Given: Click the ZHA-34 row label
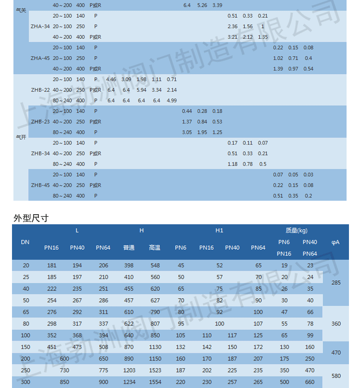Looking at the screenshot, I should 40,26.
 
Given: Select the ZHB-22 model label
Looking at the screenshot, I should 40,90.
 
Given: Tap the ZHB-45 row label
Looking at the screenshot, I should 40,185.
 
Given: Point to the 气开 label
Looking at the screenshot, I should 21,137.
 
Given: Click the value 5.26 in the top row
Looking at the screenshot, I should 202,5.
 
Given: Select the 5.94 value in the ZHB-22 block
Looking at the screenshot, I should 141,90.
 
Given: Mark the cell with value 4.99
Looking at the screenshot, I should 171,100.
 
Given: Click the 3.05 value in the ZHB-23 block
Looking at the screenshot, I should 187,132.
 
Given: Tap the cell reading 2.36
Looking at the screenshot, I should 232,26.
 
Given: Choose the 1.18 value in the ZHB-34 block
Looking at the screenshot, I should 232,164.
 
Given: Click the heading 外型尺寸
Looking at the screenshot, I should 31,218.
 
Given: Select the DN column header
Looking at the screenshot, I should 25,242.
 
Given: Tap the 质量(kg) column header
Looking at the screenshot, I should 297,230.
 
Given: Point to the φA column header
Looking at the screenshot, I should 336,242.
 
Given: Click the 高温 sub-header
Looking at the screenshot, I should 155,248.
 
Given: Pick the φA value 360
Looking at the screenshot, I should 336,324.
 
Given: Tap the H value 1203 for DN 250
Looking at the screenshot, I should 129,370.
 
